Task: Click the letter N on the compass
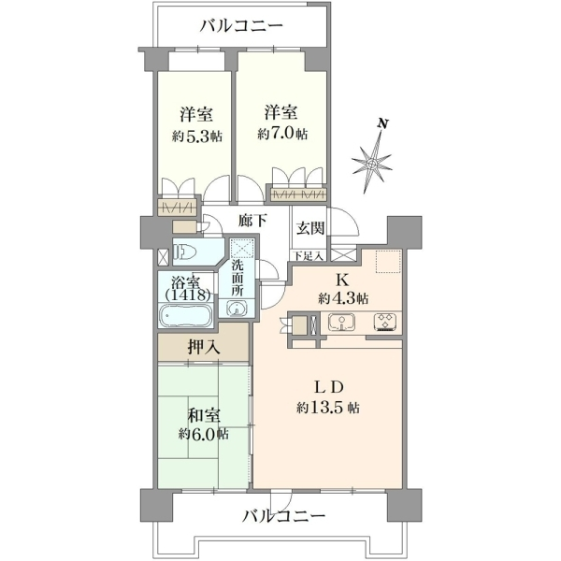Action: [x=383, y=124]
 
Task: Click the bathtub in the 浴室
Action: [x=186, y=315]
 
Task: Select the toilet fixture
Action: [x=184, y=252]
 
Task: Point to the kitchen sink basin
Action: [x=341, y=322]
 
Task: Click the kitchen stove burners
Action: [x=385, y=321]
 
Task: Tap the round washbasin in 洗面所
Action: [x=237, y=308]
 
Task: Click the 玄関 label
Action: [x=310, y=228]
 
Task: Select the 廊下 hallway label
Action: [x=253, y=221]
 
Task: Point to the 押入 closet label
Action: [x=204, y=347]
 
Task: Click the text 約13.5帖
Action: [x=328, y=407]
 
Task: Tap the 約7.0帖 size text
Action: [x=282, y=134]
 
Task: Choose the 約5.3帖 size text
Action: [x=196, y=136]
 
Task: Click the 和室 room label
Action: [x=204, y=415]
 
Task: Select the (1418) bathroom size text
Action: [x=188, y=295]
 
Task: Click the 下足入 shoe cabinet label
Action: [x=309, y=255]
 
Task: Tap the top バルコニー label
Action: [x=241, y=26]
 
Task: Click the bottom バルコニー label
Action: [x=283, y=515]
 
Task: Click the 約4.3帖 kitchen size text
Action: [x=343, y=298]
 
